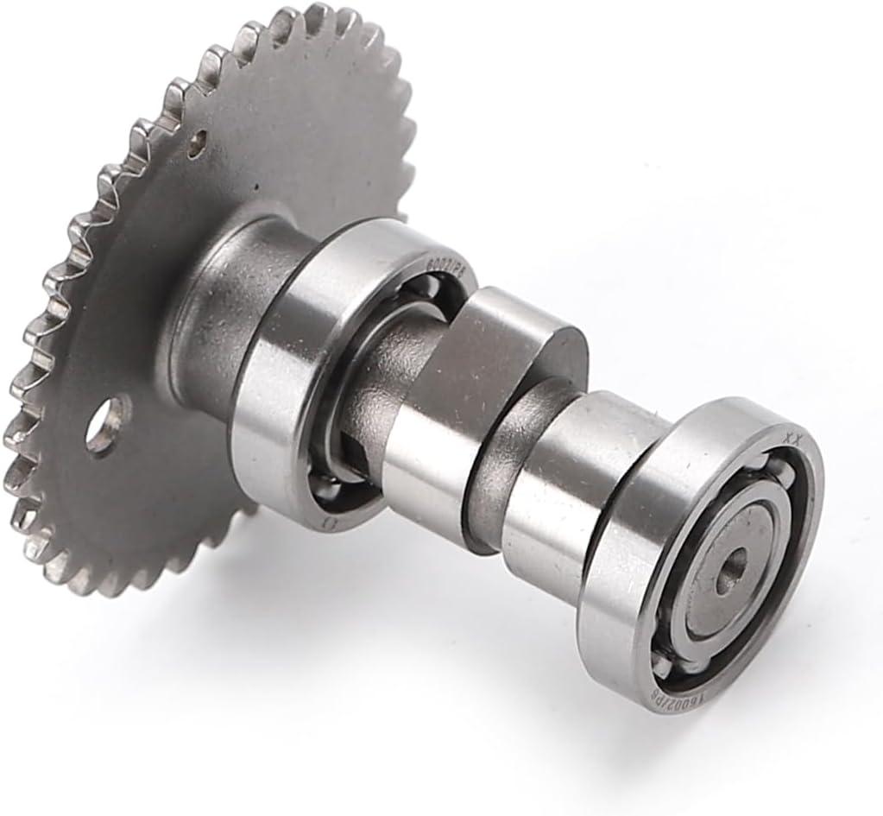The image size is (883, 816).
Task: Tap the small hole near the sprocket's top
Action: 201,136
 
